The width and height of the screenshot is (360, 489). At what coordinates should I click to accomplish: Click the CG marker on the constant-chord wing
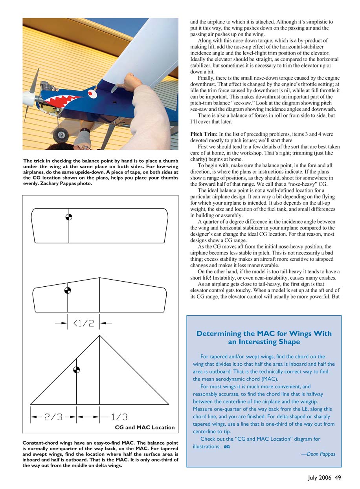69,217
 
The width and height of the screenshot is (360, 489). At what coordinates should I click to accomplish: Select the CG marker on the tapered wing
68,290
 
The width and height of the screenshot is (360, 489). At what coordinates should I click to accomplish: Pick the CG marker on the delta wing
76,369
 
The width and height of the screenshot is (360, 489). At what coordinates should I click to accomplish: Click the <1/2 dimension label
83,323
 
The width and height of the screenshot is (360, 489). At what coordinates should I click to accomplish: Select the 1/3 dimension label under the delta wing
119,416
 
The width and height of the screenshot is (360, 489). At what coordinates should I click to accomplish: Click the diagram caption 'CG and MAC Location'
144,427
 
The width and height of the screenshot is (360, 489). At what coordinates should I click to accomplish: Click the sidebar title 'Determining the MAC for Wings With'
264,333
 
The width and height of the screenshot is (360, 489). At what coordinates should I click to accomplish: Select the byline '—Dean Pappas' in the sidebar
318,454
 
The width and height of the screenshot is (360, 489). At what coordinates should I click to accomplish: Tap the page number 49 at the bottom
338,478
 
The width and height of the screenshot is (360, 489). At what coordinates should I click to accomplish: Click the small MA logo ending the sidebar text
227,447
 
